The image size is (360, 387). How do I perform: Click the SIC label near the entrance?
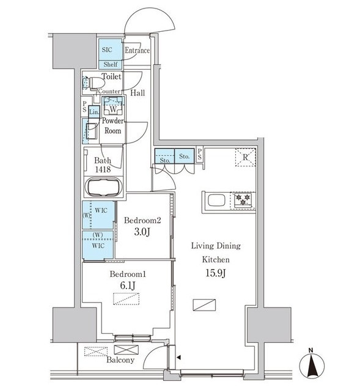click(107, 50)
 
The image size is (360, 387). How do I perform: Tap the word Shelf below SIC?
click(110, 64)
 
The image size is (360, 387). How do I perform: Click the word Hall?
click(138, 93)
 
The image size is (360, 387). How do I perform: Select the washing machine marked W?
click(113, 106)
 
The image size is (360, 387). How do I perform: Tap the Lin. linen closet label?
click(94, 112)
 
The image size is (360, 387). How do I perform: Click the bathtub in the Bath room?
click(103, 187)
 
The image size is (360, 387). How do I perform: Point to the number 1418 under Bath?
click(103, 169)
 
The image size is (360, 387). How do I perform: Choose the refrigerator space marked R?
click(245, 157)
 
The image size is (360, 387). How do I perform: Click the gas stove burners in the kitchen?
click(243, 199)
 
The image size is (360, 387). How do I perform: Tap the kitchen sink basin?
click(216, 200)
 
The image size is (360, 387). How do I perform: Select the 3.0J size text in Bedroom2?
click(142, 232)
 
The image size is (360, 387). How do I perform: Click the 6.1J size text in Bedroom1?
click(128, 286)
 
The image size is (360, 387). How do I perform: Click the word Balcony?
click(120, 360)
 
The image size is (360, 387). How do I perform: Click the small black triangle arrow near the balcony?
click(179, 357)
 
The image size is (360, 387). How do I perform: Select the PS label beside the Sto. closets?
click(200, 154)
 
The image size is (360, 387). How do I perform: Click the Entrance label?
click(137, 50)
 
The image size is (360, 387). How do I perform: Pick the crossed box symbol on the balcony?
click(127, 350)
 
